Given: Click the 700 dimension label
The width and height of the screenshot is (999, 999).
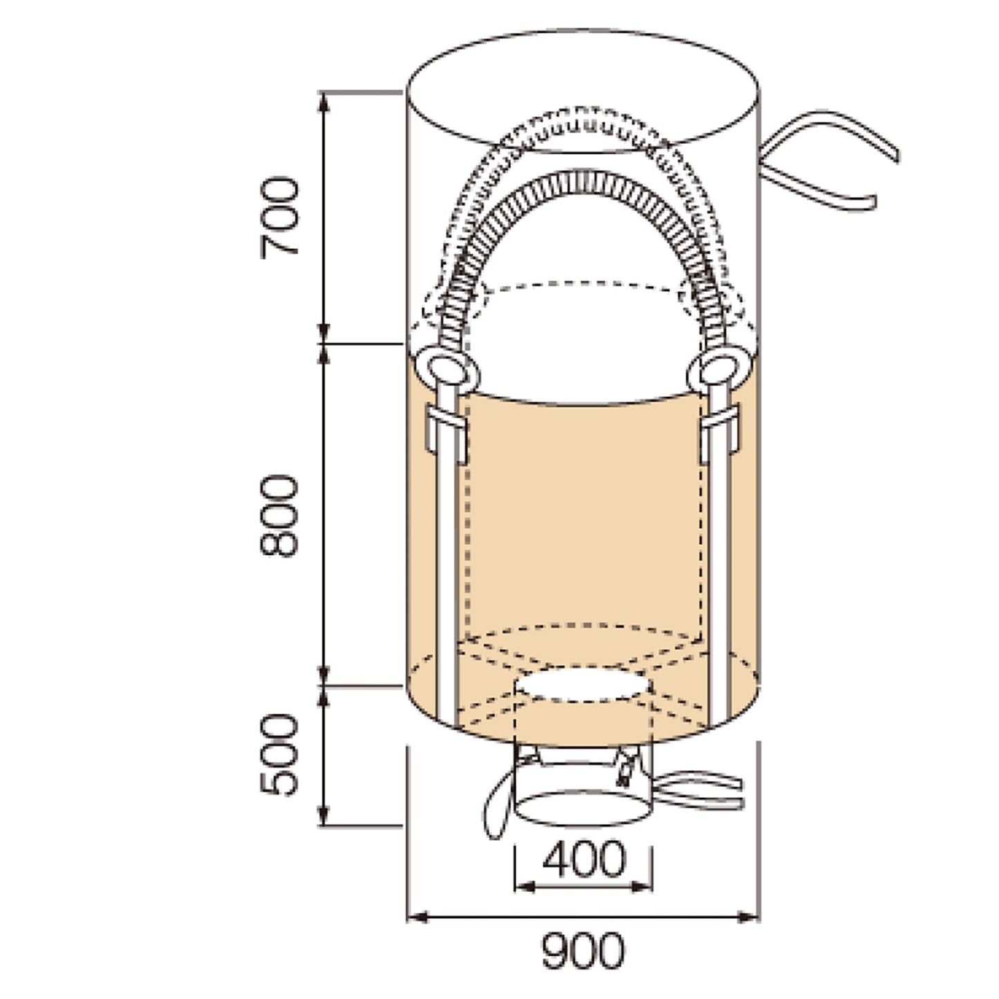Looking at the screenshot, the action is click(x=279, y=218).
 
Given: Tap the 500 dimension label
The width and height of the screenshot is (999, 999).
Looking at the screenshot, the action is click(x=279, y=755).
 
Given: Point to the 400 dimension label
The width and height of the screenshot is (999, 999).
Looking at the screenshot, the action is click(x=584, y=859).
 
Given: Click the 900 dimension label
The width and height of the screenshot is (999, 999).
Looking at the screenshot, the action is click(x=583, y=951).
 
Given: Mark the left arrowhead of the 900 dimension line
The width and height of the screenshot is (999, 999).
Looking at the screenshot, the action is click(x=418, y=917).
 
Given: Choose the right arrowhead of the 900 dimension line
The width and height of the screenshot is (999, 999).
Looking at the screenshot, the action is click(x=748, y=917).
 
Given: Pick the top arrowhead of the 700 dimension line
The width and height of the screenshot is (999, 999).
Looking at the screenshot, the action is click(x=324, y=104).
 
